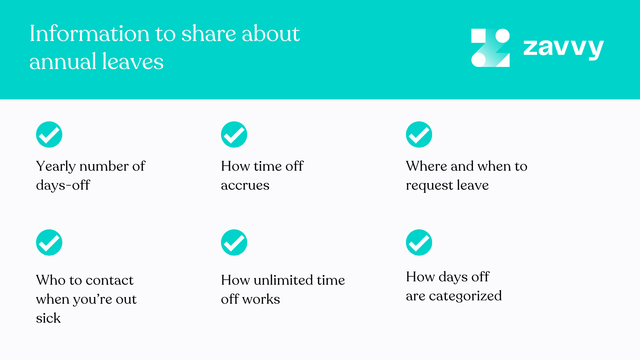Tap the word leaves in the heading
click(133, 61)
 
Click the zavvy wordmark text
click(563, 48)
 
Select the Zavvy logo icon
click(490, 48)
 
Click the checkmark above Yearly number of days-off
click(49, 134)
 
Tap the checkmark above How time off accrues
click(234, 134)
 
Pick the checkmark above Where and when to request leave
click(419, 134)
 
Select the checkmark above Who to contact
click(49, 242)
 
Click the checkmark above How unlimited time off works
click(234, 242)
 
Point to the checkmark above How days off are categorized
click(419, 242)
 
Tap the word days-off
click(63, 185)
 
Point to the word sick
click(48, 318)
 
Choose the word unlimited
click(283, 280)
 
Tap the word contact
click(109, 280)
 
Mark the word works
click(261, 299)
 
